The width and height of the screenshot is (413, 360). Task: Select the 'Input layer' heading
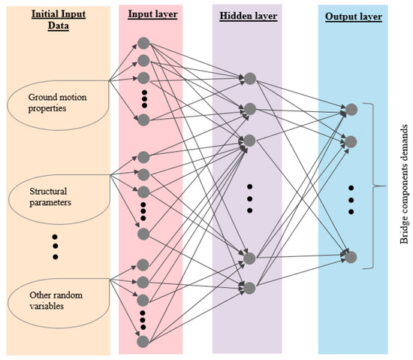[x=149, y=14]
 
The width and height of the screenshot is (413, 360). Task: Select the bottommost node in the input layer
[x=142, y=342]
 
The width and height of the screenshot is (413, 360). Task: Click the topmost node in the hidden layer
[x=249, y=78]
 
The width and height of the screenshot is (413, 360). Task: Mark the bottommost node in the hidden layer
[x=249, y=287]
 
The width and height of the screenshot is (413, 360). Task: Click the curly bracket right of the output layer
[x=369, y=185]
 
